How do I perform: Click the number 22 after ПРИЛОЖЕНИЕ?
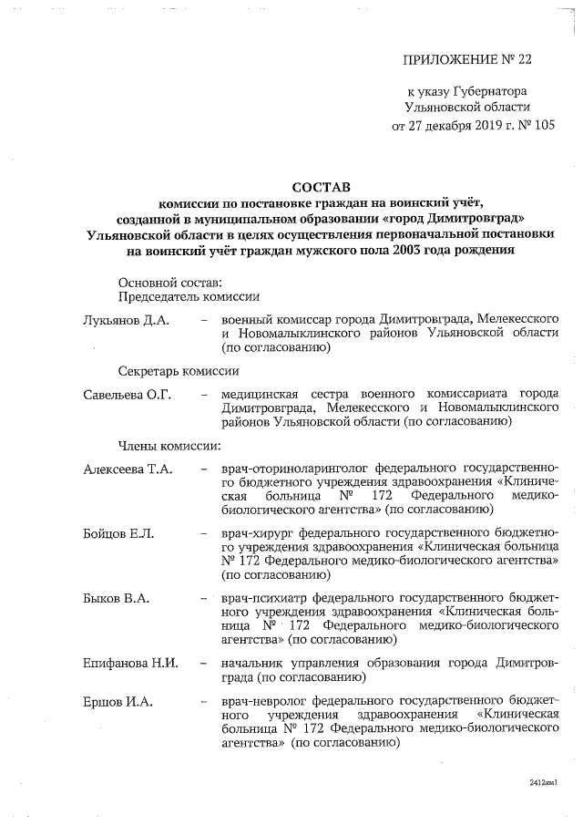click(519, 60)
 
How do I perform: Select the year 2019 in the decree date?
click(482, 126)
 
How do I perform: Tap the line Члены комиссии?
click(171, 445)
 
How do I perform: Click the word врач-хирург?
click(257, 532)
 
